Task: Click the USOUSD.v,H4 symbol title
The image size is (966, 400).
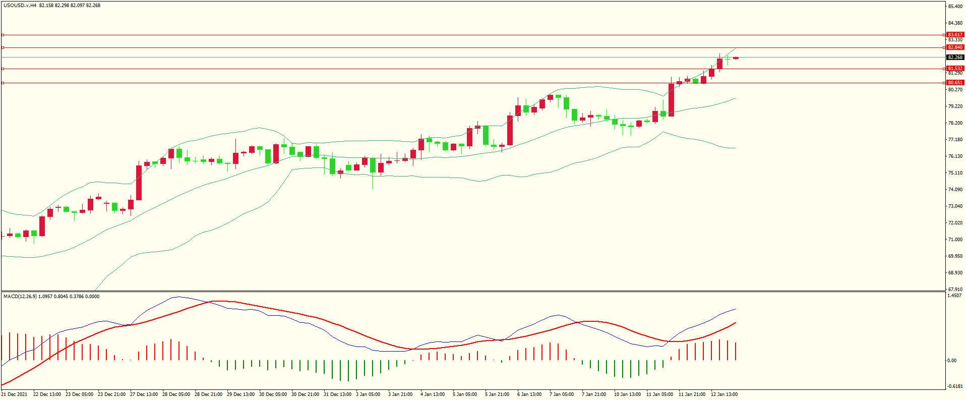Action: (x=20, y=6)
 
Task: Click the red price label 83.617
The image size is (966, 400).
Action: (x=955, y=35)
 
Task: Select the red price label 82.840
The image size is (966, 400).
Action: (x=955, y=47)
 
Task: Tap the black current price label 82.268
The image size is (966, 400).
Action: (x=955, y=58)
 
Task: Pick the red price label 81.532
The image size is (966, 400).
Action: (x=955, y=69)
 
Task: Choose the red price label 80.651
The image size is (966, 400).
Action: (x=955, y=83)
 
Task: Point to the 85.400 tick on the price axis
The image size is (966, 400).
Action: (x=955, y=7)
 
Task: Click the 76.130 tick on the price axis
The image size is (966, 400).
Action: (x=955, y=156)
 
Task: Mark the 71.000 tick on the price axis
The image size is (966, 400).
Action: (x=955, y=240)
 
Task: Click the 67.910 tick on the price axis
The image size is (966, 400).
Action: (x=955, y=290)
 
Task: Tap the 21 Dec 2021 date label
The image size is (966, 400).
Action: (x=14, y=394)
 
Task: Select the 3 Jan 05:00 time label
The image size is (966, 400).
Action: (x=368, y=394)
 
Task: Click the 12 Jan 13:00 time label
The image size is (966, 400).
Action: (x=724, y=394)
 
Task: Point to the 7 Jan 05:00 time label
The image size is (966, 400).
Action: (x=562, y=394)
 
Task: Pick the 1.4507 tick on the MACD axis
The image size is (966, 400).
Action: (x=954, y=296)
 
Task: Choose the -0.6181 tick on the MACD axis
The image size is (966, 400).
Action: (x=954, y=386)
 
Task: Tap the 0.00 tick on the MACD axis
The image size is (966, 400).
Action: (x=952, y=361)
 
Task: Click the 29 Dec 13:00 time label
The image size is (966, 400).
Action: (x=240, y=394)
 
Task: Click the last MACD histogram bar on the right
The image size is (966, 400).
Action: (x=736, y=352)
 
